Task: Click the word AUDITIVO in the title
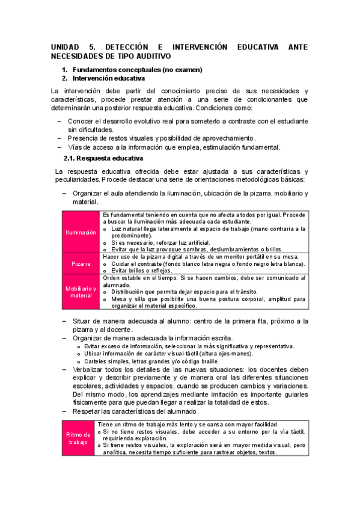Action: [x=153, y=56]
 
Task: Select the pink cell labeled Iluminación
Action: [x=81, y=232]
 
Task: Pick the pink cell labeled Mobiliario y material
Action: [x=81, y=292]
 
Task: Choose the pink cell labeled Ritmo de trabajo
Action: [x=81, y=438]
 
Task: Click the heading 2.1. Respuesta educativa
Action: [x=103, y=159]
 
